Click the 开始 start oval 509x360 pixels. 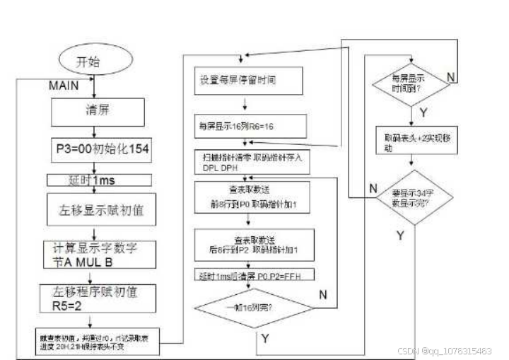tap(94, 62)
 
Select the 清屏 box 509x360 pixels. tap(98, 111)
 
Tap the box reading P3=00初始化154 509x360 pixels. tap(102, 149)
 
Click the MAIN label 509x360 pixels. tap(67, 86)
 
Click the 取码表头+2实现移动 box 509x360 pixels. tap(409, 144)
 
